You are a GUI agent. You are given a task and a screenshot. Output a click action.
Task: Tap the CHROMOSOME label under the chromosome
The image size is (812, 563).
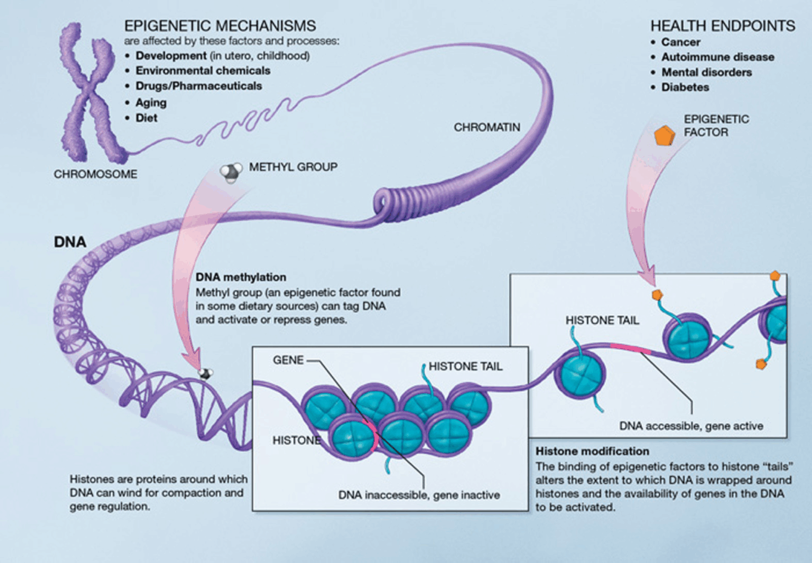click(x=96, y=174)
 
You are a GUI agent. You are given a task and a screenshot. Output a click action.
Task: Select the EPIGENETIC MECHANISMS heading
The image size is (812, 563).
click(x=220, y=26)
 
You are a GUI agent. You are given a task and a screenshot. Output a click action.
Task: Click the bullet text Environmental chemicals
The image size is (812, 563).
click(x=202, y=70)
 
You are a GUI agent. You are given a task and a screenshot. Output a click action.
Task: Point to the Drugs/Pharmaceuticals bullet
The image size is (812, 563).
click(x=198, y=86)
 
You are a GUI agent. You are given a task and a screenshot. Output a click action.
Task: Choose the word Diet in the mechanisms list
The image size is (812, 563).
click(x=146, y=118)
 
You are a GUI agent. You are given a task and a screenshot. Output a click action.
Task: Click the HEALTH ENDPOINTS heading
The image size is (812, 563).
click(x=722, y=26)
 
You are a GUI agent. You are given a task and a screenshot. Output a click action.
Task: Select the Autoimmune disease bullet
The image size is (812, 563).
click(x=717, y=57)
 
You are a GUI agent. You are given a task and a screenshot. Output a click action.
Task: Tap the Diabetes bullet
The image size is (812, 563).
click(x=685, y=87)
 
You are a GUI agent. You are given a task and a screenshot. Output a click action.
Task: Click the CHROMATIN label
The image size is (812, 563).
click(x=487, y=128)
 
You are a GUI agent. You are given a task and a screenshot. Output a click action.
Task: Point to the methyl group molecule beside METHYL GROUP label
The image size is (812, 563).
click(x=230, y=171)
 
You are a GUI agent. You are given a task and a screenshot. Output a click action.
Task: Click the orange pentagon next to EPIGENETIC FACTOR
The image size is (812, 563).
click(x=664, y=136)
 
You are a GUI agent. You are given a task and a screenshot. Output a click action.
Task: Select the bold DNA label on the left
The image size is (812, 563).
click(x=70, y=242)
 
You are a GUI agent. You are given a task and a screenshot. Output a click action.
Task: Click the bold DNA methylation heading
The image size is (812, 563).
click(x=241, y=277)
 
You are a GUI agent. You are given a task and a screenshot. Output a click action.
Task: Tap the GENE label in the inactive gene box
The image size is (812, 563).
click(x=288, y=360)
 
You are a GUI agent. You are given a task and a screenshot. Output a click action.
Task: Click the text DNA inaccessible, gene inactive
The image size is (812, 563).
click(x=419, y=495)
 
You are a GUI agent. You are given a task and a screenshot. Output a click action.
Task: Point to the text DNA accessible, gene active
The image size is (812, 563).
click(x=691, y=426)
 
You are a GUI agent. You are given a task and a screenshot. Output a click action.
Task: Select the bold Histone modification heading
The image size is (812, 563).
click(x=592, y=451)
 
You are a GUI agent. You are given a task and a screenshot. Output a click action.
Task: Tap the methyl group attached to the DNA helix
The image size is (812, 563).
click(x=205, y=374)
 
